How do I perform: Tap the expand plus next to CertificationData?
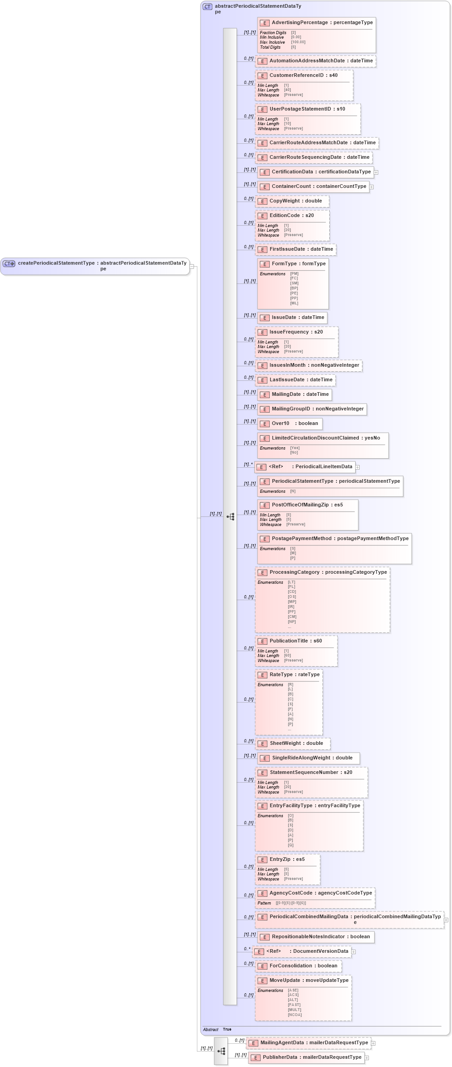tap(376, 172)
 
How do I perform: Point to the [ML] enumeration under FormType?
tap(294, 303)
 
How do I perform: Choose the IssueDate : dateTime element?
tap(297, 318)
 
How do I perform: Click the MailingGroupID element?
tap(317, 409)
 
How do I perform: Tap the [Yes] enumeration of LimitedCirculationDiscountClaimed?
tap(295, 448)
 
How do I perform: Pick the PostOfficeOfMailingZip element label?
tap(307, 505)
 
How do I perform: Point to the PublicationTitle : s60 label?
tap(295, 641)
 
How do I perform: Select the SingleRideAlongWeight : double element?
tap(312, 758)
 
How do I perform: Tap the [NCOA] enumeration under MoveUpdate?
tap(295, 1015)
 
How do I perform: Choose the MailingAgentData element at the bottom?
tap(314, 1043)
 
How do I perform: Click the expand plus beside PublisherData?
tap(367, 1058)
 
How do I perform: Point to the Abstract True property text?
tap(217, 1029)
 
